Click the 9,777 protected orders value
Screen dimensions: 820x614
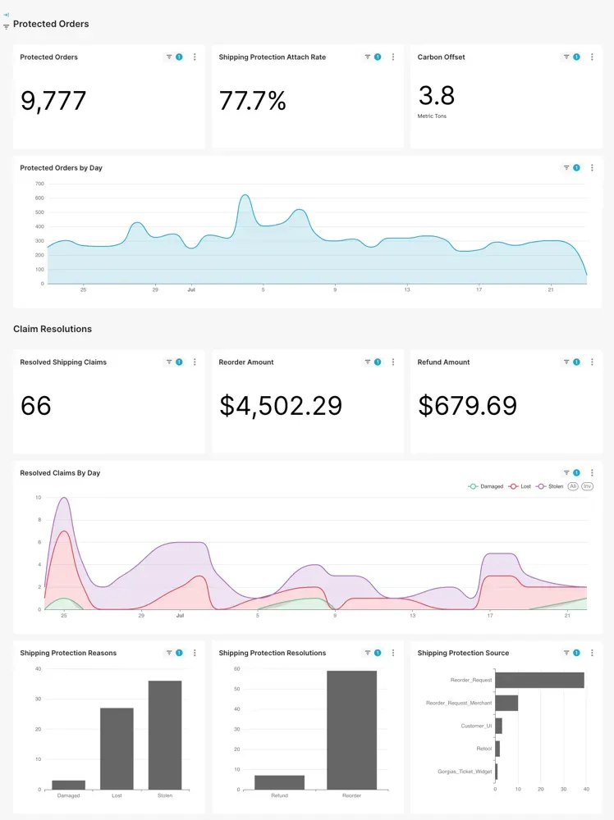coord(53,101)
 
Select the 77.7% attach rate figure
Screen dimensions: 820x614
coord(252,101)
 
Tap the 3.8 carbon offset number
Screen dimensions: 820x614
coord(436,96)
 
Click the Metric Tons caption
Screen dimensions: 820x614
coord(432,116)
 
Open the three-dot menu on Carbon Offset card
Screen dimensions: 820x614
coord(592,57)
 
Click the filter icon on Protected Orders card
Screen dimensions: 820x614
coord(169,57)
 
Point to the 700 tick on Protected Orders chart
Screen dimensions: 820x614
coord(39,184)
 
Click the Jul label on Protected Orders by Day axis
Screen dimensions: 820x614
coord(191,289)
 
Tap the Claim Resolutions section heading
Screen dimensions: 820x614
coord(53,329)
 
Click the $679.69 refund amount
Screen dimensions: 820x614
coord(467,406)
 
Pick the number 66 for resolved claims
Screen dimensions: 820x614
coord(36,406)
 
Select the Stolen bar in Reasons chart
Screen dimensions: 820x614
coord(165,735)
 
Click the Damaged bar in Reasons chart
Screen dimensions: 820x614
coord(68,785)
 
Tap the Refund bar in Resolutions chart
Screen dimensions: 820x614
coord(279,782)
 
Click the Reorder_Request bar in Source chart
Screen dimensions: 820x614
coord(539,680)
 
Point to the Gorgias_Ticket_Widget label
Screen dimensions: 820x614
coord(465,772)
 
